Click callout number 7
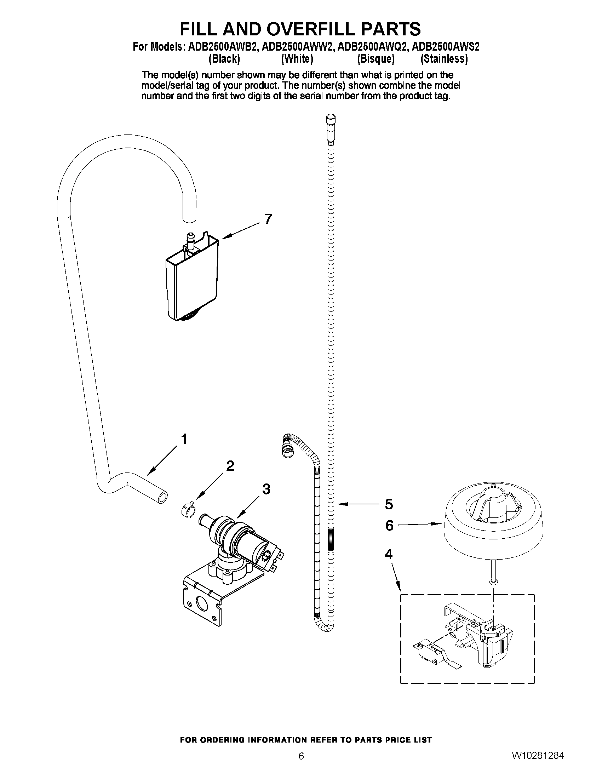[268, 219]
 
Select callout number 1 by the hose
[184, 439]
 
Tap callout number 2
[230, 466]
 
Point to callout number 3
[266, 489]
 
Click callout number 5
[389, 504]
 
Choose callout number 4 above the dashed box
[388, 554]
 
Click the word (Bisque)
[375, 59]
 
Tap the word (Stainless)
[444, 59]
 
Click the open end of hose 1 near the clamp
[163, 497]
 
